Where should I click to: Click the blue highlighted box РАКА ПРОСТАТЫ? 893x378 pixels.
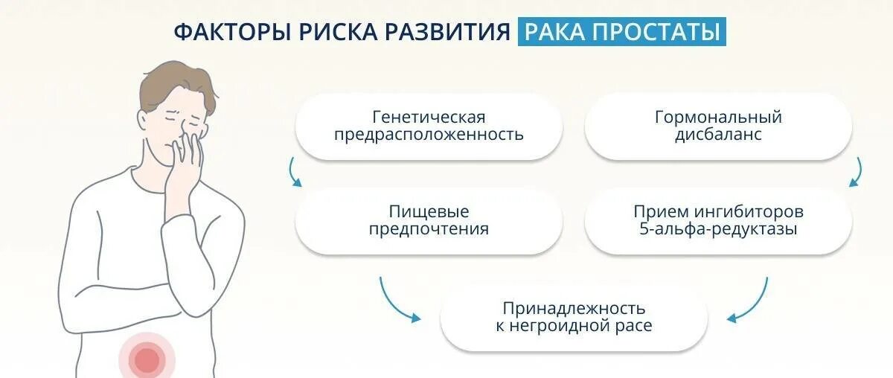click(x=621, y=33)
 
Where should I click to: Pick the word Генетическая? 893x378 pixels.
click(x=429, y=118)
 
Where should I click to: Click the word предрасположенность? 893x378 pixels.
click(x=429, y=135)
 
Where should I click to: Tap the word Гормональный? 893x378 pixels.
click(x=718, y=118)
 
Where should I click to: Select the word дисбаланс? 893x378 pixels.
click(x=718, y=135)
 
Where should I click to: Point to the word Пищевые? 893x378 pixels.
click(x=429, y=212)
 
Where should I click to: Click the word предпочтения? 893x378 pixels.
click(x=429, y=229)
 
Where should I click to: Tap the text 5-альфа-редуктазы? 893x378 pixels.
click(x=718, y=229)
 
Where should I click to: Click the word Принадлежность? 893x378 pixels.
click(x=574, y=308)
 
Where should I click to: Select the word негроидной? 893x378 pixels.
click(x=569, y=326)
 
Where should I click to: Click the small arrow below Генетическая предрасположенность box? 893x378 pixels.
click(x=295, y=173)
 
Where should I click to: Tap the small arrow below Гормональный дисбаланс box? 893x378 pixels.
click(x=857, y=173)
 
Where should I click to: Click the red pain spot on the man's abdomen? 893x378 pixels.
click(x=147, y=360)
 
